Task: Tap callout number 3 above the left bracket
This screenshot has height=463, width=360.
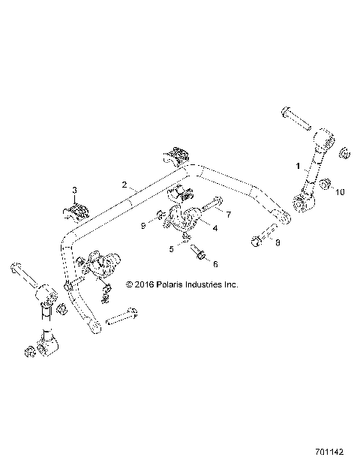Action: [75, 188]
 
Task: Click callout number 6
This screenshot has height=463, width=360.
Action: [217, 263]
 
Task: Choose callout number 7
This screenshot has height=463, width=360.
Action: [229, 215]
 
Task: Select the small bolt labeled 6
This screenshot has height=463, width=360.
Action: [199, 257]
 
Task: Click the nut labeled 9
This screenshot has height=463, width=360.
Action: [161, 219]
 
